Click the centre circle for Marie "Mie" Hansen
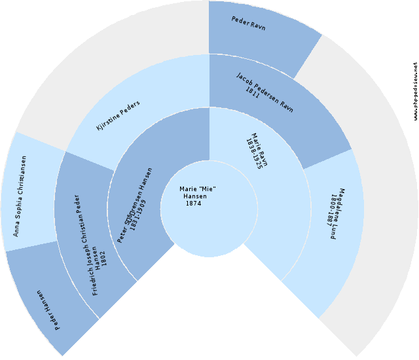[x=209, y=209]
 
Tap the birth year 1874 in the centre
[x=193, y=204]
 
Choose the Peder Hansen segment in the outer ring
[x=49, y=304]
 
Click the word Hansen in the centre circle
[x=195, y=196]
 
